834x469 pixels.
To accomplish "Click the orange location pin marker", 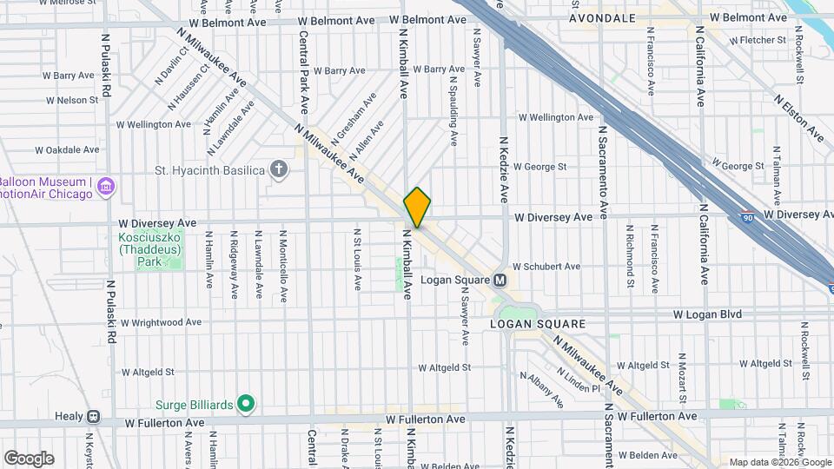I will point(417,207).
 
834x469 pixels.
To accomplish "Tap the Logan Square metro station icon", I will point(500,281).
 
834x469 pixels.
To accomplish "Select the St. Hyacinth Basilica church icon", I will point(279,168).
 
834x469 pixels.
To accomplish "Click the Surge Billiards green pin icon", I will point(246,404).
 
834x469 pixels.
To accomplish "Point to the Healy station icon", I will point(92,417).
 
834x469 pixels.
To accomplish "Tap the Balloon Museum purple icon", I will point(107,187).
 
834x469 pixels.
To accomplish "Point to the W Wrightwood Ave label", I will point(161,322).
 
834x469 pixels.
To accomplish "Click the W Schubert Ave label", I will point(546,267).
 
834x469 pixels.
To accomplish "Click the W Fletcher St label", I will point(758,40).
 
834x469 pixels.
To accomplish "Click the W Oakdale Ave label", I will point(65,149).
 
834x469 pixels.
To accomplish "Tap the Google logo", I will point(29,458).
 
